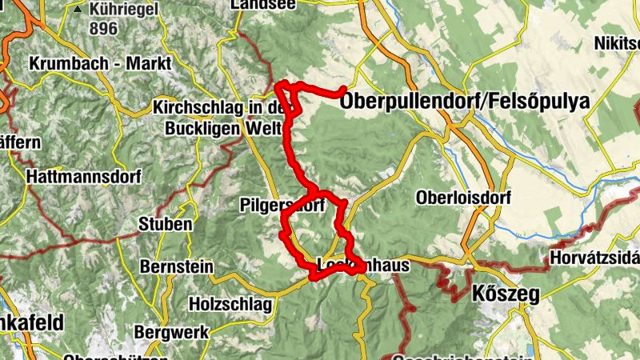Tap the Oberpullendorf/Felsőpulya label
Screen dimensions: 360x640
pyautogui.click(x=465, y=102)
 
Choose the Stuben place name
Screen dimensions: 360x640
pyautogui.click(x=166, y=224)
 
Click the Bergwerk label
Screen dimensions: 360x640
pyautogui.click(x=172, y=331)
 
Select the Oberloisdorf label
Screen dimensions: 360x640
pyautogui.click(x=458, y=197)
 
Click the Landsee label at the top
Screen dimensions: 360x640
pyautogui.click(x=262, y=5)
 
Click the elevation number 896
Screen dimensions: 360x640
pyautogui.click(x=104, y=30)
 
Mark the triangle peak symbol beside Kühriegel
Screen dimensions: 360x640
pyautogui.click(x=78, y=10)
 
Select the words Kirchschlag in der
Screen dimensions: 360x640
pyautogui.click(x=219, y=107)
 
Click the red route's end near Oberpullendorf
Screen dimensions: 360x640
pyautogui.click(x=344, y=89)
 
